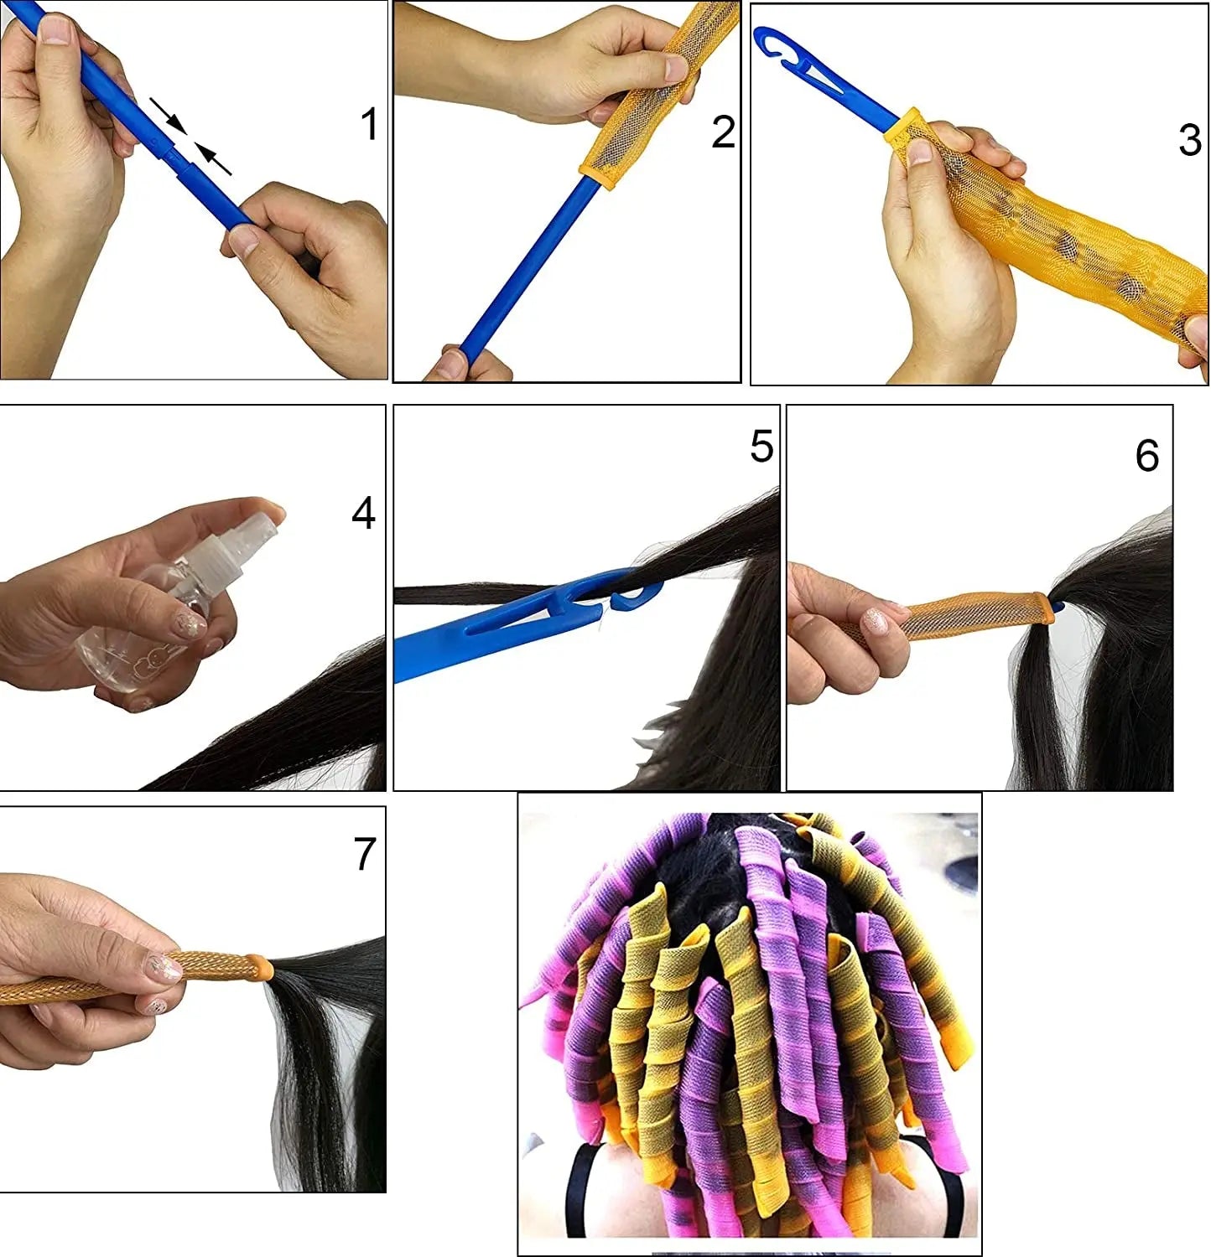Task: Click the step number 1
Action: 369,124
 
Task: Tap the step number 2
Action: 723,132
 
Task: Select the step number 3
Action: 1189,140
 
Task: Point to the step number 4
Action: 363,513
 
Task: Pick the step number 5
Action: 761,446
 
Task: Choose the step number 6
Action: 1147,455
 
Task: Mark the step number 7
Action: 365,854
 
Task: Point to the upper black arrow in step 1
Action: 168,115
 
